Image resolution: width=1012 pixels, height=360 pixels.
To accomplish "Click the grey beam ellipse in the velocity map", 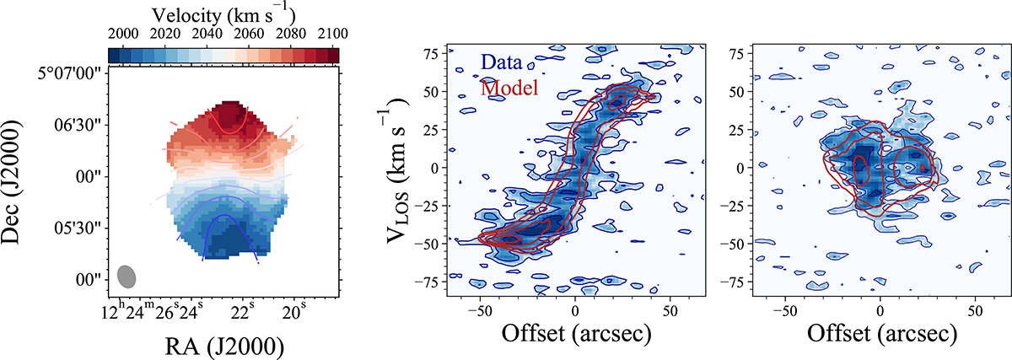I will pyautogui.click(x=127, y=277).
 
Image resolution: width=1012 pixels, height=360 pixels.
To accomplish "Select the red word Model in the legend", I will pyautogui.click(x=509, y=88).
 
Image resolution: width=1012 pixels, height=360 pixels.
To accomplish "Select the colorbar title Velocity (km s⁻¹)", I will pyautogui.click(x=223, y=13).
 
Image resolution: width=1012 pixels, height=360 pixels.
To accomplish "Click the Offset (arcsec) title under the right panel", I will pyautogui.click(x=881, y=334).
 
